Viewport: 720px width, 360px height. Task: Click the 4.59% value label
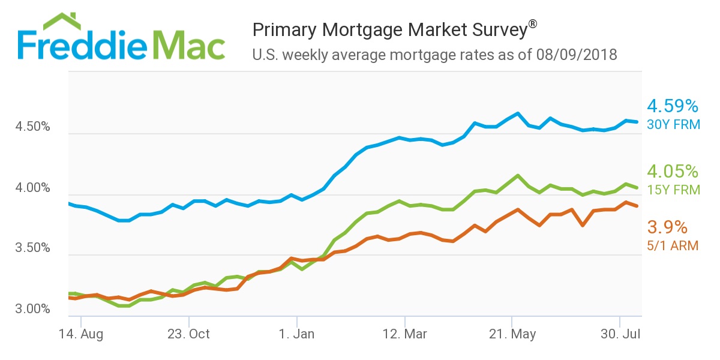click(x=673, y=107)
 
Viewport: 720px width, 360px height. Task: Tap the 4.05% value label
click(x=673, y=172)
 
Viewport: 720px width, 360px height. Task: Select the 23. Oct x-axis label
click(x=188, y=334)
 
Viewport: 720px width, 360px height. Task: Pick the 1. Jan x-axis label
click(x=296, y=334)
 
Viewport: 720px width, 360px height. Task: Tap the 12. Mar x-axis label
click(x=404, y=334)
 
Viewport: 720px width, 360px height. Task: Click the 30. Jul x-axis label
click(x=619, y=334)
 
